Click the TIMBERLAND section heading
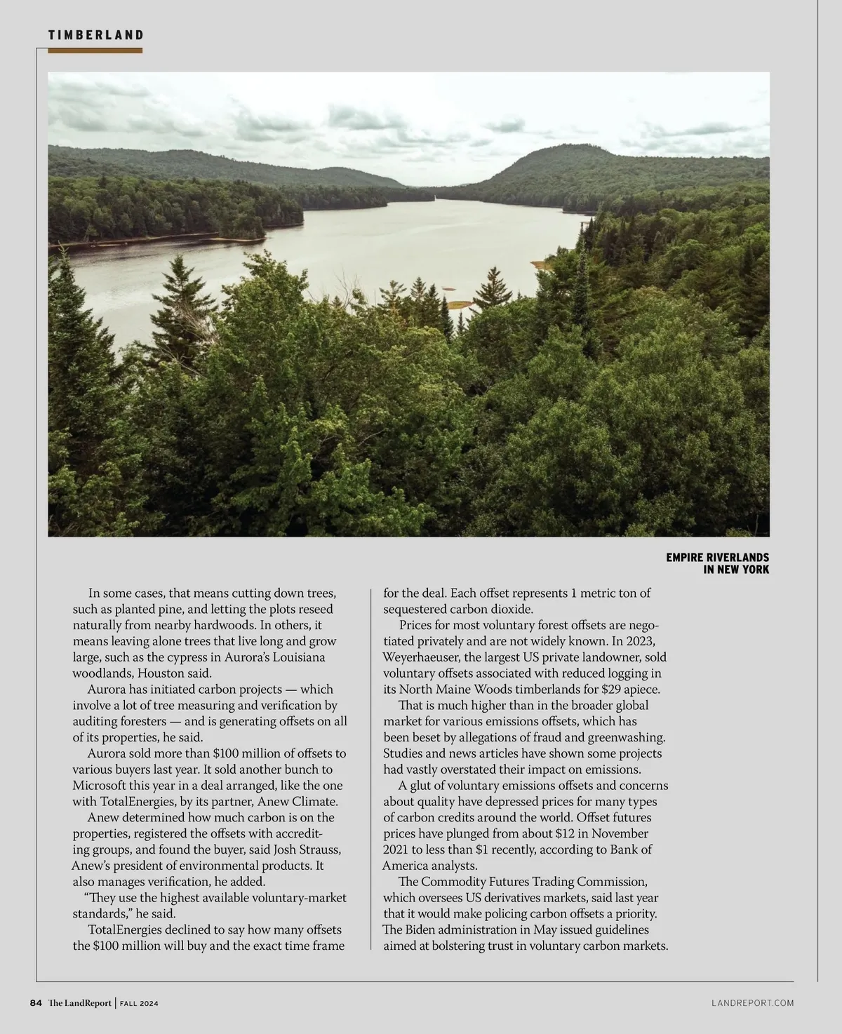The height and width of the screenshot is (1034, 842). (x=96, y=34)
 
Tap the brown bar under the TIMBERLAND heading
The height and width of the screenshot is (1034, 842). (x=95, y=51)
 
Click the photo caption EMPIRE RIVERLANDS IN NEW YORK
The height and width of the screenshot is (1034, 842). (x=717, y=563)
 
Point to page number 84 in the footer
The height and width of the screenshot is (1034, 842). (x=36, y=1003)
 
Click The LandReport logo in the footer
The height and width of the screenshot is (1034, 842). (x=79, y=1003)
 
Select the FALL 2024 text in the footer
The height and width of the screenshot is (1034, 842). (x=138, y=1004)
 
